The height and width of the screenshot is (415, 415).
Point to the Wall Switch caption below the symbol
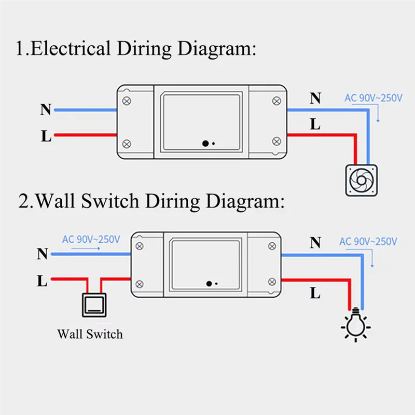(x=90, y=334)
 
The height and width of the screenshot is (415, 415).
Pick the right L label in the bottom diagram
(x=315, y=294)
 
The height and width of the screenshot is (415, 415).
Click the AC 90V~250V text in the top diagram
(x=374, y=98)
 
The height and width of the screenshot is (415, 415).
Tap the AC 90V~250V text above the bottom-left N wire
(x=91, y=240)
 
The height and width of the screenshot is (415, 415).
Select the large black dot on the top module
(x=206, y=144)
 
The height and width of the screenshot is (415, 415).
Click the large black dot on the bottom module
(x=209, y=284)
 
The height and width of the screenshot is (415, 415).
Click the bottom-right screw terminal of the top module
(x=276, y=141)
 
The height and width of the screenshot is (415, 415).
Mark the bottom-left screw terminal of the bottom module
(x=139, y=283)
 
